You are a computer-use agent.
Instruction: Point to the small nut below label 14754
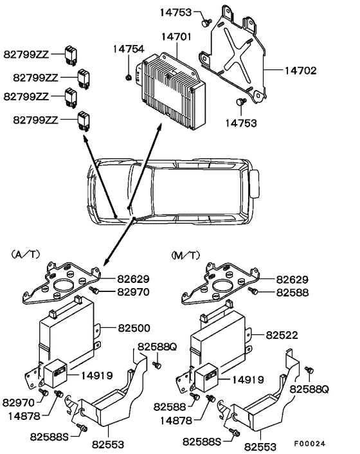click(129, 78)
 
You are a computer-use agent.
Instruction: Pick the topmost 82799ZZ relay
click(71, 53)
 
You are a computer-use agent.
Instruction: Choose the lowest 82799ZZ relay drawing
click(84, 118)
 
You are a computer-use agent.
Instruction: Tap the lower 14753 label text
click(241, 122)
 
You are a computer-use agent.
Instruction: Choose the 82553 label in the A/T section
click(108, 444)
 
